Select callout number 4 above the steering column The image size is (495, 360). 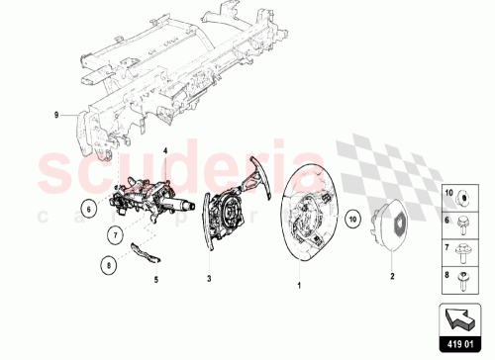(x=165, y=150)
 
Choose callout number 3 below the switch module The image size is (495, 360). (x=209, y=280)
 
